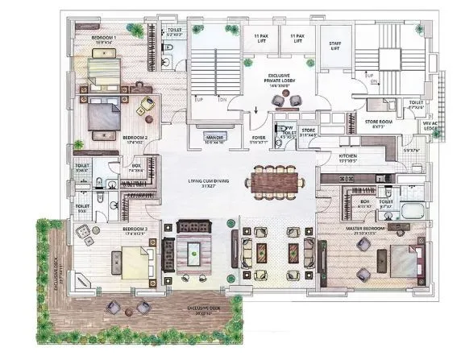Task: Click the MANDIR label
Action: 214,139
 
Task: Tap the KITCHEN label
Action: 348,157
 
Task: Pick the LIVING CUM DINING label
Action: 204,181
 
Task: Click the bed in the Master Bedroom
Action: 401,261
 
